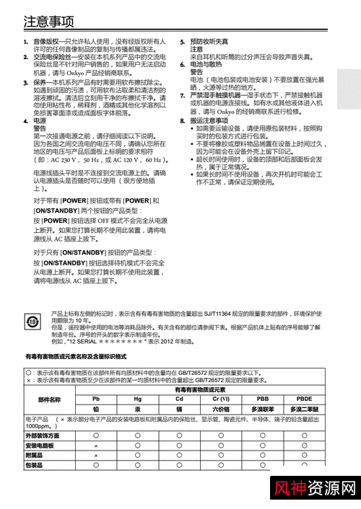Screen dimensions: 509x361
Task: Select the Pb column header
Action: point(96,399)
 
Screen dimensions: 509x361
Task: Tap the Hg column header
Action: point(137,399)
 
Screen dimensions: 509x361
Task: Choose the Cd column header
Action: point(179,399)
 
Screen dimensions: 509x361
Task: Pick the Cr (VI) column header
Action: point(221,399)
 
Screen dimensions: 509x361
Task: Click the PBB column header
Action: point(262,399)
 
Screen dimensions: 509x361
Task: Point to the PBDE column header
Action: point(304,399)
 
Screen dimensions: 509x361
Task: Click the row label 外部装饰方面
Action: point(43,436)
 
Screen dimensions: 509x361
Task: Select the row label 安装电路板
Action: point(40,446)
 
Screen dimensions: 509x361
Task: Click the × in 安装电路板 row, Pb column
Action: point(96,446)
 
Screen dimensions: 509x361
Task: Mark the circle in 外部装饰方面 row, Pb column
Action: point(96,436)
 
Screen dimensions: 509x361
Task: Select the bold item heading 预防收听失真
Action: point(209,43)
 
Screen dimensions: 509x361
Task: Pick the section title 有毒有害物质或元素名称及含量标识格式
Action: point(76,357)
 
